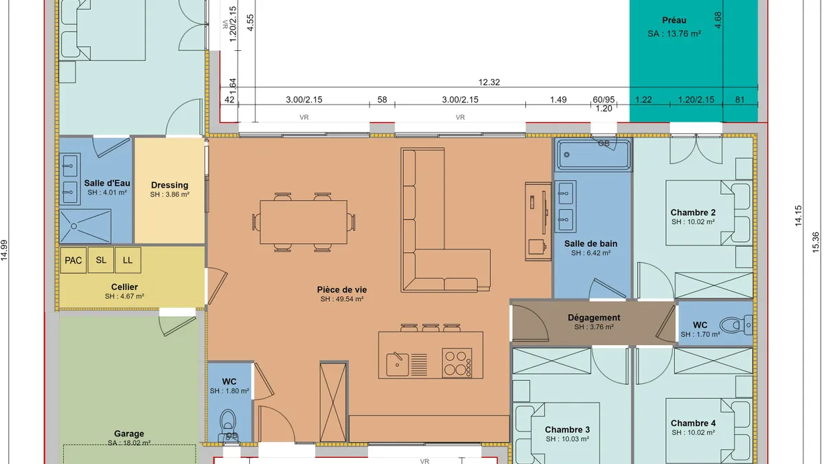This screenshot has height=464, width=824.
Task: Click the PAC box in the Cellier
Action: point(73,261)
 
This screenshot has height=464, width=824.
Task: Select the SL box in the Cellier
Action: point(101,260)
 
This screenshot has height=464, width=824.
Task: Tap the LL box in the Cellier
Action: point(128,260)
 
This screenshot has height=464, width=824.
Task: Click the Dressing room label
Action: point(170,185)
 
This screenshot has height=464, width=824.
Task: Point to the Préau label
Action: point(674,20)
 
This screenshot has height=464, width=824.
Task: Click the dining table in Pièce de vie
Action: point(304,222)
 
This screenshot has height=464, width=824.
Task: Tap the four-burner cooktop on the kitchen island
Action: point(457,363)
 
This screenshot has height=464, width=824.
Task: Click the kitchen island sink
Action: point(398,364)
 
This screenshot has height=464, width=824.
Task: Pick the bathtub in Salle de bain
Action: point(593,155)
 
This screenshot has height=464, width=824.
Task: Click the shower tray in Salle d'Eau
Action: point(85,226)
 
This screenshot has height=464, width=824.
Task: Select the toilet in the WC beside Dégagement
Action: point(735,325)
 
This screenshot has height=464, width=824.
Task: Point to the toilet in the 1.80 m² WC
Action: point(228,425)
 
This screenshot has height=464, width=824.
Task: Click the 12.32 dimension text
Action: point(489,82)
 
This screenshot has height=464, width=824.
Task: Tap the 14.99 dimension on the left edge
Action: point(4,250)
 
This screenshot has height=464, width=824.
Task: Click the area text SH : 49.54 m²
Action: point(342,299)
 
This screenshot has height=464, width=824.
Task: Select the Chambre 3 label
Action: point(567,430)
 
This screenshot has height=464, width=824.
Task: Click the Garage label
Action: point(129,434)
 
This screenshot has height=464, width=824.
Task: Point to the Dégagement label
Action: point(594,318)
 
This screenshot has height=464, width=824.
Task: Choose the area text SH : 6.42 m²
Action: point(591,253)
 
